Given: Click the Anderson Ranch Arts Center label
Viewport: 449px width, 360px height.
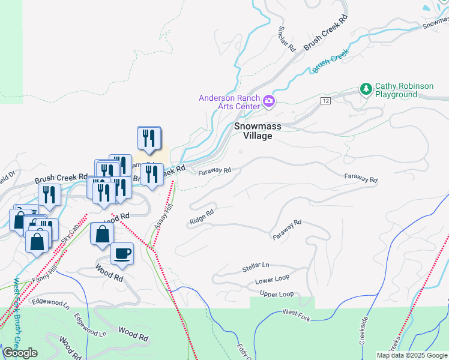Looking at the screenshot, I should (x=229, y=102).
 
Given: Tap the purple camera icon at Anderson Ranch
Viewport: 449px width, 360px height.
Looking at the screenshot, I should (x=270, y=102).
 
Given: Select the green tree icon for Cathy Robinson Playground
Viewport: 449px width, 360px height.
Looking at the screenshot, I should (x=366, y=89).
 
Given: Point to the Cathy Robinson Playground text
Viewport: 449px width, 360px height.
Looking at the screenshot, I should (x=404, y=91).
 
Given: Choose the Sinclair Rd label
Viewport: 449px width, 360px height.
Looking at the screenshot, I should (x=287, y=38).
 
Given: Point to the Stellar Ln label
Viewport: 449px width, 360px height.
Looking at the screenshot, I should (x=256, y=265).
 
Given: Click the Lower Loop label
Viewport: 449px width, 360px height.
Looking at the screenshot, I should (x=272, y=280).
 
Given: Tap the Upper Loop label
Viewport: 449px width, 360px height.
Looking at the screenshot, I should (x=277, y=294).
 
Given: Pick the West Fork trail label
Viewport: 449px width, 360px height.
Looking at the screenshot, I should (x=297, y=314).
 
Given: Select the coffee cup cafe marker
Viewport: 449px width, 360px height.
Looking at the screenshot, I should (x=122, y=254).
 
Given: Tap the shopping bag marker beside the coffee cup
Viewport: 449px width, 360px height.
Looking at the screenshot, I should (x=101, y=235).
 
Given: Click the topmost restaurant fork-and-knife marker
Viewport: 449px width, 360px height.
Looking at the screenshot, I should (x=148, y=138).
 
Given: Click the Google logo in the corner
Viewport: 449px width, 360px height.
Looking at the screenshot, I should (x=20, y=353).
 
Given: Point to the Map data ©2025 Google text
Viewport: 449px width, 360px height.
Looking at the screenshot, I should (x=411, y=355).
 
